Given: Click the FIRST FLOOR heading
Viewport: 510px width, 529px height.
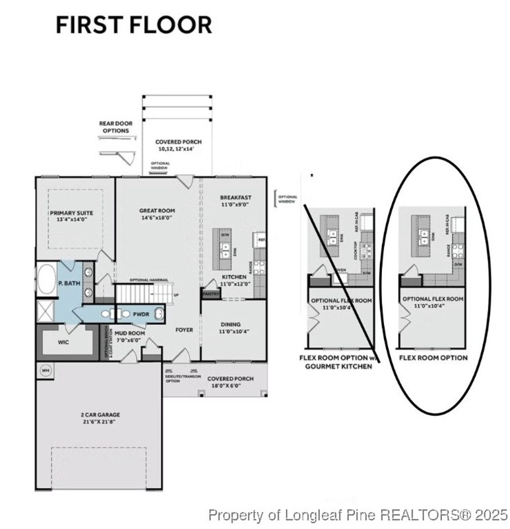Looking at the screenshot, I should tap(133, 25).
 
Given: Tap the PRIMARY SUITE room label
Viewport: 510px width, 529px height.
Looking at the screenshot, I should tap(71, 216).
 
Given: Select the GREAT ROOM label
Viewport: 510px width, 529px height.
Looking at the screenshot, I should tap(157, 214).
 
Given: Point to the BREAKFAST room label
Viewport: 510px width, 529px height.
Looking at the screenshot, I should tap(235, 201).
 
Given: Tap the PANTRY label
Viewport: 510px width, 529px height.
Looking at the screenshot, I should tap(208, 294).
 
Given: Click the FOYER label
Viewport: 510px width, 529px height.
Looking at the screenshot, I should tap(184, 330).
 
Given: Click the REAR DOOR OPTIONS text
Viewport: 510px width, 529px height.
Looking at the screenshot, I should tap(116, 127).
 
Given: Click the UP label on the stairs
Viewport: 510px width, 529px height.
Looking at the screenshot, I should tap(175, 295).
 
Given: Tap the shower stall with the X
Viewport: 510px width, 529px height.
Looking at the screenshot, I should tap(46, 310).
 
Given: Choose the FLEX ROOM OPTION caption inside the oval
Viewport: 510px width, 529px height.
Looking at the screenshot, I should tap(433, 357).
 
